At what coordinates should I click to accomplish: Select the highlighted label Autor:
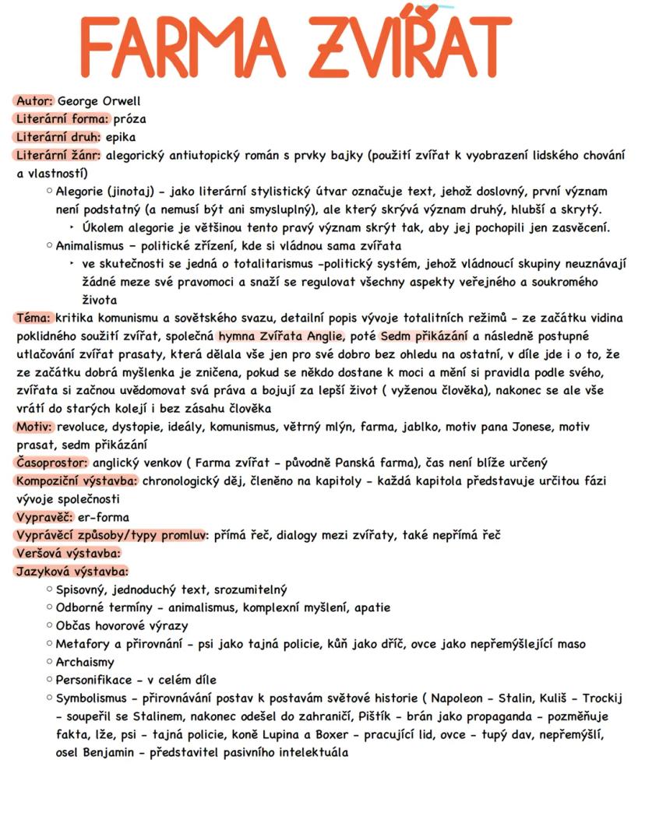[34, 101]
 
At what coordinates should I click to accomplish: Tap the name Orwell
[121, 101]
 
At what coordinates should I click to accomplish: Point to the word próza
[130, 119]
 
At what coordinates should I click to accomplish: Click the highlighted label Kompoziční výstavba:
[76, 480]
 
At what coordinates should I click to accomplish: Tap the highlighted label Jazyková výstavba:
[72, 572]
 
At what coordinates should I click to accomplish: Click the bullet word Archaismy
[85, 662]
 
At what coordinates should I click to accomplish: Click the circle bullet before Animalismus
[49, 245]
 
